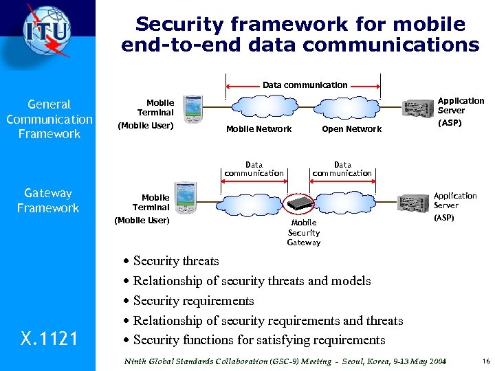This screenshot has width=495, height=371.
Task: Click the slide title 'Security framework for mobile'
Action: [x=300, y=25]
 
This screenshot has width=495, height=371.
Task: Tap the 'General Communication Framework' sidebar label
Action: [x=49, y=119]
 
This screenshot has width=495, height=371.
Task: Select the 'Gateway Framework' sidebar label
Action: [x=48, y=201]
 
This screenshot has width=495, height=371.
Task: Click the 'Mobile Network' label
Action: [x=258, y=129]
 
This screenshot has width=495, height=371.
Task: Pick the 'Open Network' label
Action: [x=351, y=129]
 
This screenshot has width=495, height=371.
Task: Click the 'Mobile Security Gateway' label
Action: [x=303, y=232]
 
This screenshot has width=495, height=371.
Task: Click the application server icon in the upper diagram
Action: [x=417, y=109]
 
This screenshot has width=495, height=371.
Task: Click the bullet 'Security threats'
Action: [x=176, y=261]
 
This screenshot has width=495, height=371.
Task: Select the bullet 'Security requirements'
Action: [x=193, y=301]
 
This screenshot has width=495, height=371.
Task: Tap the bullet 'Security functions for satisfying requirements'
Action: [x=259, y=340]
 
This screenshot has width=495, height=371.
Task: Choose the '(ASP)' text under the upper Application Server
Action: [x=450, y=124]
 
